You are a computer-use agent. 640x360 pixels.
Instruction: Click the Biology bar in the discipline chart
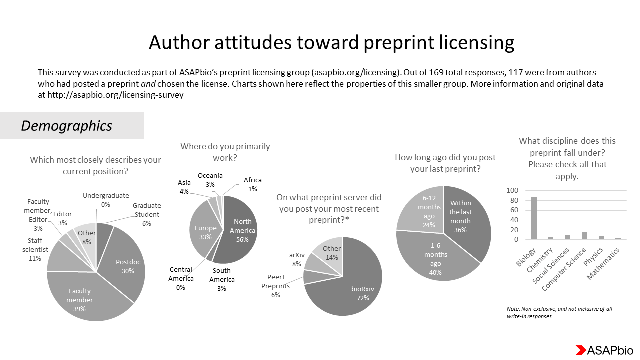(x=534, y=219)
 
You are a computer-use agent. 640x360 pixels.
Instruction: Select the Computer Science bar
(x=584, y=236)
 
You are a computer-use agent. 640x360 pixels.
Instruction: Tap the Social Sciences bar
(x=567, y=237)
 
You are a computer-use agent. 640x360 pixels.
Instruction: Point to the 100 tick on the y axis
(x=512, y=191)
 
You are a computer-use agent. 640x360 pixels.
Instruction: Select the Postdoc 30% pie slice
(x=125, y=265)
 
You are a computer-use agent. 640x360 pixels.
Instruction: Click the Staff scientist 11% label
(x=35, y=250)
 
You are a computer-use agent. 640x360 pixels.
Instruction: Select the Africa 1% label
(x=252, y=184)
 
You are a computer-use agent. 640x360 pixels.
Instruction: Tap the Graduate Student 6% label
(x=147, y=214)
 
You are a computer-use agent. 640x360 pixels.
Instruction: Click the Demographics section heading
(x=67, y=126)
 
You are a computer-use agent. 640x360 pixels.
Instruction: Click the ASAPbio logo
(x=604, y=350)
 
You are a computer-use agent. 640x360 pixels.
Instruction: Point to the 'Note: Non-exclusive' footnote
(x=559, y=312)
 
